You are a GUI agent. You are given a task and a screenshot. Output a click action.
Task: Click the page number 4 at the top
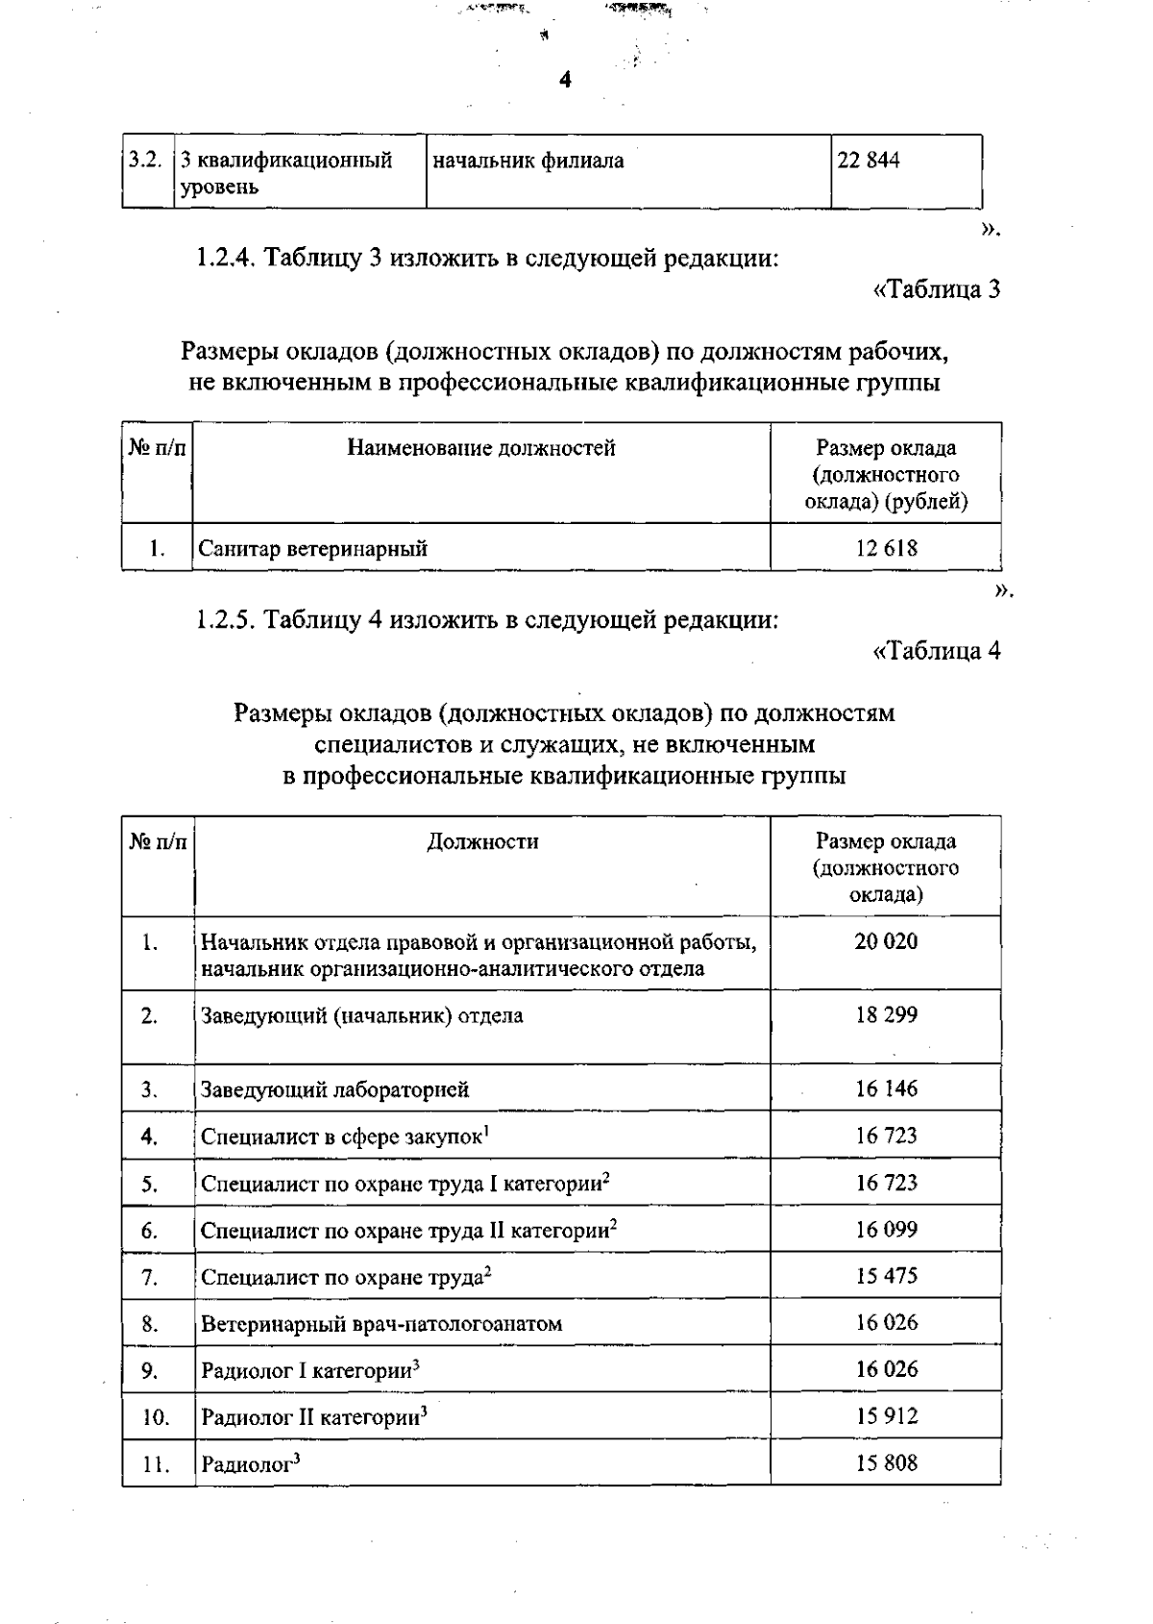point(565,81)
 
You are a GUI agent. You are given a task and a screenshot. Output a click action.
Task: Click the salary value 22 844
point(869,161)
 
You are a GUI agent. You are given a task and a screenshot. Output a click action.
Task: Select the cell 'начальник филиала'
point(527,161)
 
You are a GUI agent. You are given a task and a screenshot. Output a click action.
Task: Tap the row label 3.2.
point(144,160)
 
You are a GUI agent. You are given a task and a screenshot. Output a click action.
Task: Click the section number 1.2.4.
point(226,258)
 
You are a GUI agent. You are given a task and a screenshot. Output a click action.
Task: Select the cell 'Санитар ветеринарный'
point(313,549)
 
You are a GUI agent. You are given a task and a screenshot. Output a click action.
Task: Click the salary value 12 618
point(886,548)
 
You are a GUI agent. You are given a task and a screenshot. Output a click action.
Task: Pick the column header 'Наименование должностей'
point(480,447)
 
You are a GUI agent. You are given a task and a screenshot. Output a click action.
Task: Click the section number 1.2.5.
point(226,619)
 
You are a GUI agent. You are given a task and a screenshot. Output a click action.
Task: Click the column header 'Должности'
point(482,841)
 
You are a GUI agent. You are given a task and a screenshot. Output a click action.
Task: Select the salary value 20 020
point(886,941)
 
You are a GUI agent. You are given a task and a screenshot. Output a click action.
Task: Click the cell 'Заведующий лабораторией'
point(334,1089)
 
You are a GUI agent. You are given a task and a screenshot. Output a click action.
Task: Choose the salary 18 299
point(886,1014)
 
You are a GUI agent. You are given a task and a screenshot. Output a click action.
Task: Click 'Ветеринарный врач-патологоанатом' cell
point(380,1324)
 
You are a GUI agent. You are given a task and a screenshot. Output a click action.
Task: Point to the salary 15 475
point(886,1276)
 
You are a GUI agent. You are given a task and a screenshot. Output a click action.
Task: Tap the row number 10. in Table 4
point(156,1417)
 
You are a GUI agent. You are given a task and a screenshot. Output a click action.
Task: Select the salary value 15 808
point(886,1463)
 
